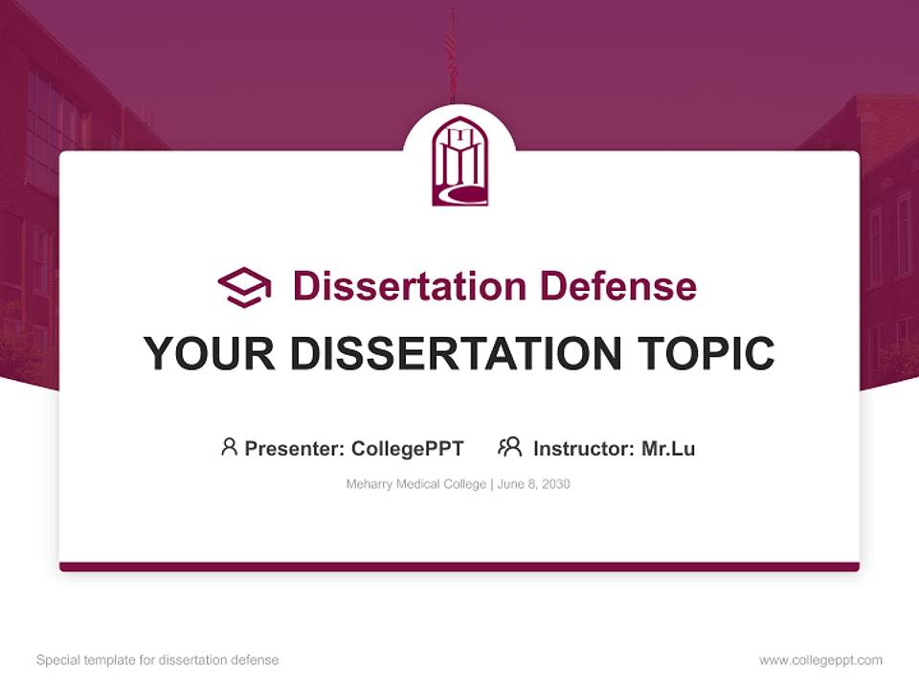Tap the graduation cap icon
(244, 286)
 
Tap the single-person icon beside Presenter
(229, 447)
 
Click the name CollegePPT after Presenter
(407, 448)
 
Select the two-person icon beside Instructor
(509, 447)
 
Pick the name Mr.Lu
(668, 448)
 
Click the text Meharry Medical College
(416, 484)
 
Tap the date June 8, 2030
(533, 484)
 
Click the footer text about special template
(157, 660)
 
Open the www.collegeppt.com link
(820, 660)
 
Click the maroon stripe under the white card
(459, 567)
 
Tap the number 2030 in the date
(555, 484)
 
